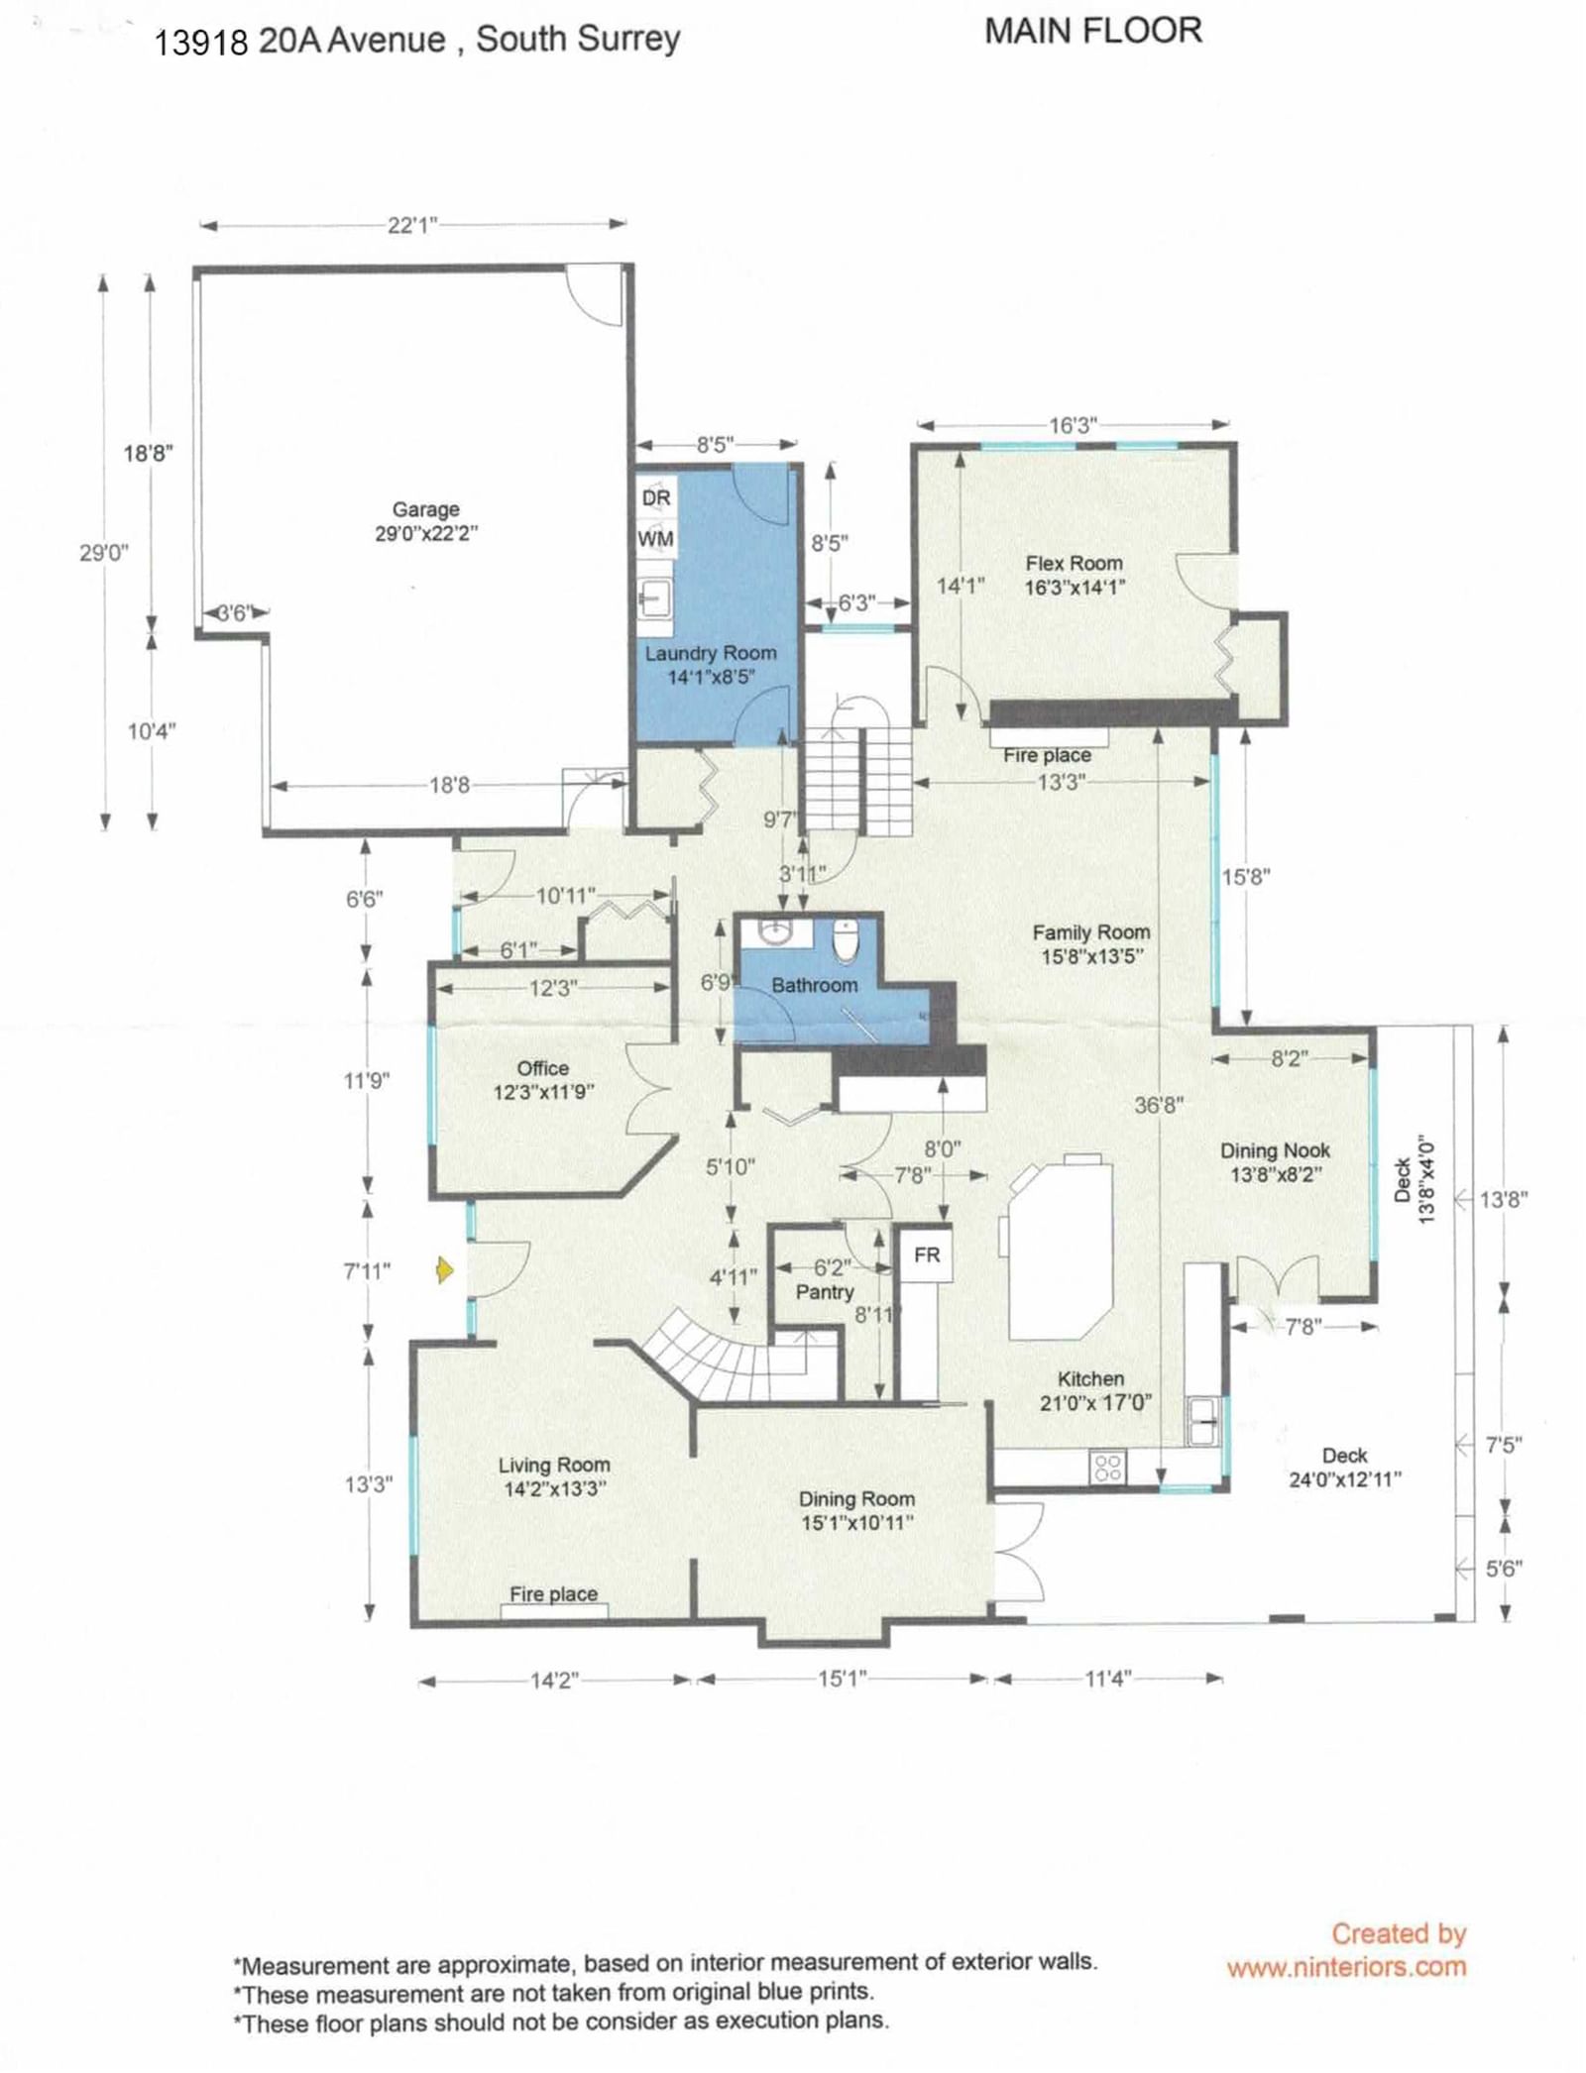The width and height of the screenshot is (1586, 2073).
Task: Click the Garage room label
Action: tap(426, 509)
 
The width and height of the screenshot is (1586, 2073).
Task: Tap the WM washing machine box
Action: tap(655, 539)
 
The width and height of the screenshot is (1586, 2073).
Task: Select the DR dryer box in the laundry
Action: tap(655, 497)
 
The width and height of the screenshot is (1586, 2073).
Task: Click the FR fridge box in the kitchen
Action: tap(926, 1255)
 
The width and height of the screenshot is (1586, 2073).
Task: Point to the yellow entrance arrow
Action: tap(445, 1269)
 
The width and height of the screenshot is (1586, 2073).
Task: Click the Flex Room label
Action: tap(1075, 563)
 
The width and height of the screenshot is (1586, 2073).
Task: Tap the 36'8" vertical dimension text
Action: tap(1159, 1105)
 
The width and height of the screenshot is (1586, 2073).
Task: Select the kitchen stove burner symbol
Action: tap(1107, 1468)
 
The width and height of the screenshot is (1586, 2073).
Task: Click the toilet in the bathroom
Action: tap(846, 941)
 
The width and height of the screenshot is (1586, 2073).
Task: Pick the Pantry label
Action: tap(825, 1292)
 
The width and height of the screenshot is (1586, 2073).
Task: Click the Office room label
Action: tap(543, 1068)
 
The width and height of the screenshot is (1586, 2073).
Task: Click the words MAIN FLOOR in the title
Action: tap(1093, 31)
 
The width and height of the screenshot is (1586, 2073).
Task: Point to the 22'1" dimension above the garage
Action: tap(412, 225)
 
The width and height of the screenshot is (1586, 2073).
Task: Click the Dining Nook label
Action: tap(1275, 1150)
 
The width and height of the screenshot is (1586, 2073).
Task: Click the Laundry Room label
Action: tap(711, 653)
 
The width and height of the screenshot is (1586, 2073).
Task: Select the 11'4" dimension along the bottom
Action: tap(1108, 1679)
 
